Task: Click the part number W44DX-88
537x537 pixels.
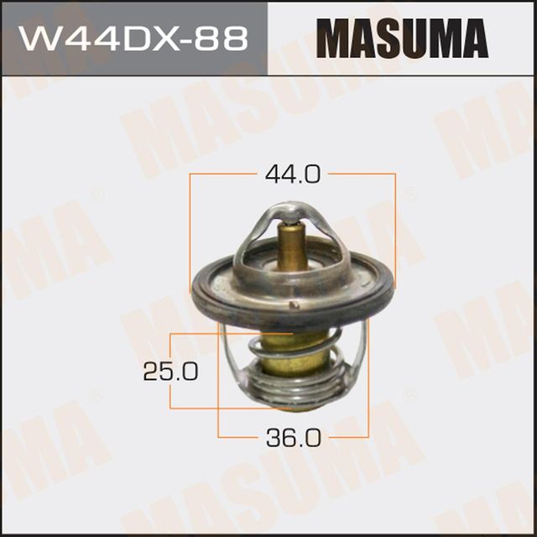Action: [133, 39]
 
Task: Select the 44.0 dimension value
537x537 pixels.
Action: [293, 175]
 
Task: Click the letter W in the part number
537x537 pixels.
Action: [39, 39]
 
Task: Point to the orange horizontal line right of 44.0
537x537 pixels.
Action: [361, 175]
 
